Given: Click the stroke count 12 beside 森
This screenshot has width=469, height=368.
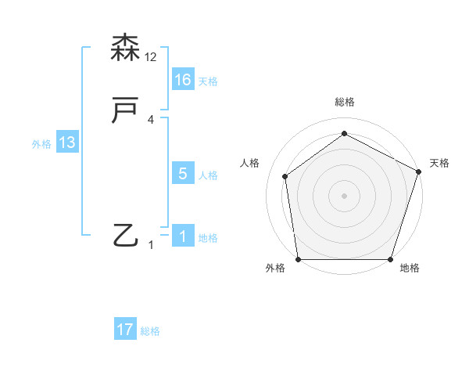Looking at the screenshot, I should pyautogui.click(x=151, y=57).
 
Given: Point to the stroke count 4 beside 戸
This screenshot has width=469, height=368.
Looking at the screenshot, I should pyautogui.click(x=151, y=120).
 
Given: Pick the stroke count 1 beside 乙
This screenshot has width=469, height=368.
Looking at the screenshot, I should pyautogui.click(x=151, y=245).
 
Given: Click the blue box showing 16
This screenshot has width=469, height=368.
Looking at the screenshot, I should pyautogui.click(x=183, y=80).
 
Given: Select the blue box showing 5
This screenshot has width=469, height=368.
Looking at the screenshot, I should pyautogui.click(x=183, y=174).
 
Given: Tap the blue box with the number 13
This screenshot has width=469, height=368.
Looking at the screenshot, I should pyautogui.click(x=67, y=143).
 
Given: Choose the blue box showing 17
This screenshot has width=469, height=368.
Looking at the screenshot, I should pyautogui.click(x=125, y=330).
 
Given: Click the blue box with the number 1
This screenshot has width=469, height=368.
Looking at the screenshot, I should pyautogui.click(x=183, y=236).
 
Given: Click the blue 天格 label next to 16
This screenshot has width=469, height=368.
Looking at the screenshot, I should pyautogui.click(x=208, y=81).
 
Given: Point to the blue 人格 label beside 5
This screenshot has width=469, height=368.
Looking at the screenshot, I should pyautogui.click(x=208, y=175).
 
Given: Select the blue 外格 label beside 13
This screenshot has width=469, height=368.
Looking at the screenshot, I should pyautogui.click(x=41, y=144).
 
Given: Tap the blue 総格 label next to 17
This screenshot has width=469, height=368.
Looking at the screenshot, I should pyautogui.click(x=150, y=331).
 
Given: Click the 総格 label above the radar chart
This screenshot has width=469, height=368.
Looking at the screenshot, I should pyautogui.click(x=344, y=102).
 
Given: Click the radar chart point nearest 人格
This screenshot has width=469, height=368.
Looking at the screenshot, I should pyautogui.click(x=285, y=176).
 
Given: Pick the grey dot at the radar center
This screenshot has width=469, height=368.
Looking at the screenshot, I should pyautogui.click(x=344, y=195).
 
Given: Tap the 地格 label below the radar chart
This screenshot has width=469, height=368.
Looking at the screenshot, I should pyautogui.click(x=410, y=269).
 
